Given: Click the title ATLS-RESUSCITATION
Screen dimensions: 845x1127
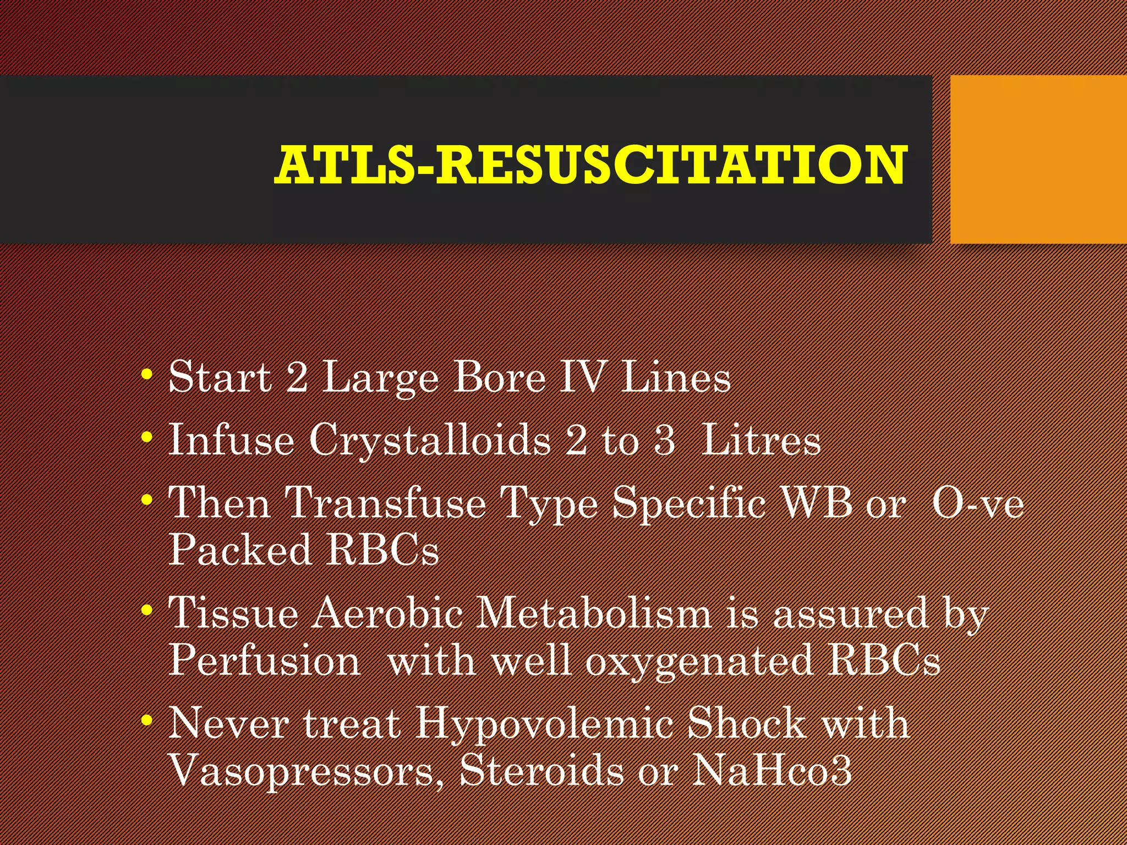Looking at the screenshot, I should pos(590,164).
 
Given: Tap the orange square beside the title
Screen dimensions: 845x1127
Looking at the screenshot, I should pos(1038,160).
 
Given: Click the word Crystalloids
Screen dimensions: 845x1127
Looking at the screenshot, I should pos(430,441).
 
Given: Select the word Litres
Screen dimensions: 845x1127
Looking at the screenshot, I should pos(762,441).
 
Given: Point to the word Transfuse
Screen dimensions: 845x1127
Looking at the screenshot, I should pos(385,503).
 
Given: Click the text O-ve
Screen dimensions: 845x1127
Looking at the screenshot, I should pos(978,503).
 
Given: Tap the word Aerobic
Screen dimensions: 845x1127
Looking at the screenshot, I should pos(387,613).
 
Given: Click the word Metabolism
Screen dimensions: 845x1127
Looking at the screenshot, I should pos(594,613).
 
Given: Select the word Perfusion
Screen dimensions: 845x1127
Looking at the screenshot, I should pos(264,660).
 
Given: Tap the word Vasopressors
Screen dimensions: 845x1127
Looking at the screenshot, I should pos(308,770).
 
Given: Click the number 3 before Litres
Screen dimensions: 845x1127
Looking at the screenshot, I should pos(664,441).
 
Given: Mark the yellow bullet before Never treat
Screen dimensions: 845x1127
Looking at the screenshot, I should pos(146,720).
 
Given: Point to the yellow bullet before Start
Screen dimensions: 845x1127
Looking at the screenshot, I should pos(146,375).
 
